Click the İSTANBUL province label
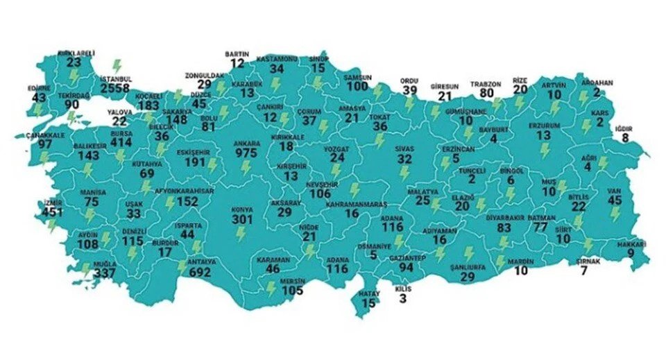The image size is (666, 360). click(116, 79)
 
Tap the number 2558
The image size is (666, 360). click(115, 89)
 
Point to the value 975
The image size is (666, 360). click(249, 153)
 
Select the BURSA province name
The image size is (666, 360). click(121, 132)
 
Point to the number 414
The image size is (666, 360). click(121, 142)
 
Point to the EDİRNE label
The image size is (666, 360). click(40, 89)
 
